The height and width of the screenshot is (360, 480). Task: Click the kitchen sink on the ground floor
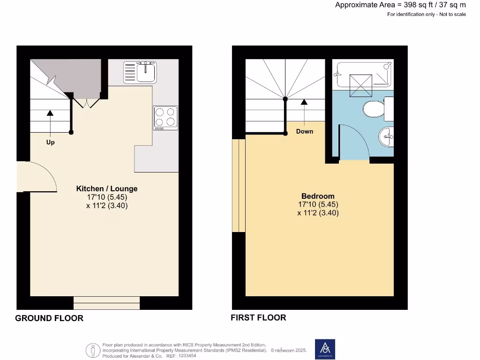pos(140,72)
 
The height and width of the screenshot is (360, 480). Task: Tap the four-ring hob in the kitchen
pos(166,118)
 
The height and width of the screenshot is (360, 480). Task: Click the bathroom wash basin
pos(386,137)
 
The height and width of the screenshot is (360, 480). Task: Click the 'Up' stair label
pos(50,142)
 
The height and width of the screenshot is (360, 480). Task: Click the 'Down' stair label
pos(304,131)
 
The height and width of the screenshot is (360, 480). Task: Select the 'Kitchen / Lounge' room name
pos(107,188)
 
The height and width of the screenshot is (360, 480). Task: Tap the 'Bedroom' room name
pos(318,196)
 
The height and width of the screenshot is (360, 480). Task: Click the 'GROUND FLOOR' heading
pos(49,318)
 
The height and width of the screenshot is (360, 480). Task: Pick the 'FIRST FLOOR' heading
pos(258,318)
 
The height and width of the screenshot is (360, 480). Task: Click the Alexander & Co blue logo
pos(324,349)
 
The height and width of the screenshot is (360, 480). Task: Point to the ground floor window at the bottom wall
pos(106,303)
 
